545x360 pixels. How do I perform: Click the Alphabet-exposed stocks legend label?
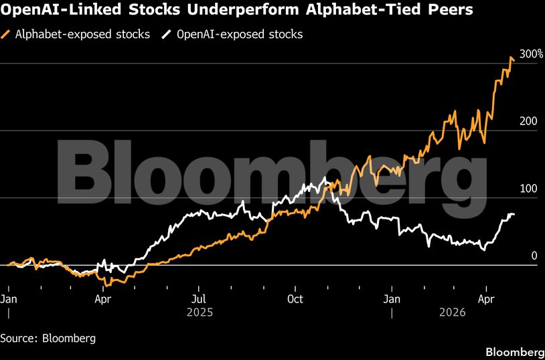coord(82,34)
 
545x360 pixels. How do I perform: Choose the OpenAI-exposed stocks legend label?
coord(240,34)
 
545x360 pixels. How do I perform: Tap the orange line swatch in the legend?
coord(7,34)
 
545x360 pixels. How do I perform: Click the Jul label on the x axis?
coord(199,299)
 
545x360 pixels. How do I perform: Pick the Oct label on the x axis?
coord(295,299)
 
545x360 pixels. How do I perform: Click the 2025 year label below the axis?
coord(199,312)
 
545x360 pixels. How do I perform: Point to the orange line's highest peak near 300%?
coord(512,58)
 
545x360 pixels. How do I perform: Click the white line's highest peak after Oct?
coord(326,178)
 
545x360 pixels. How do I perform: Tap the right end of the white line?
coord(514,214)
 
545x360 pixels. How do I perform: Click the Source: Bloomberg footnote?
coord(48,338)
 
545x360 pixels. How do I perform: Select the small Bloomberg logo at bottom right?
coord(514,352)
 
